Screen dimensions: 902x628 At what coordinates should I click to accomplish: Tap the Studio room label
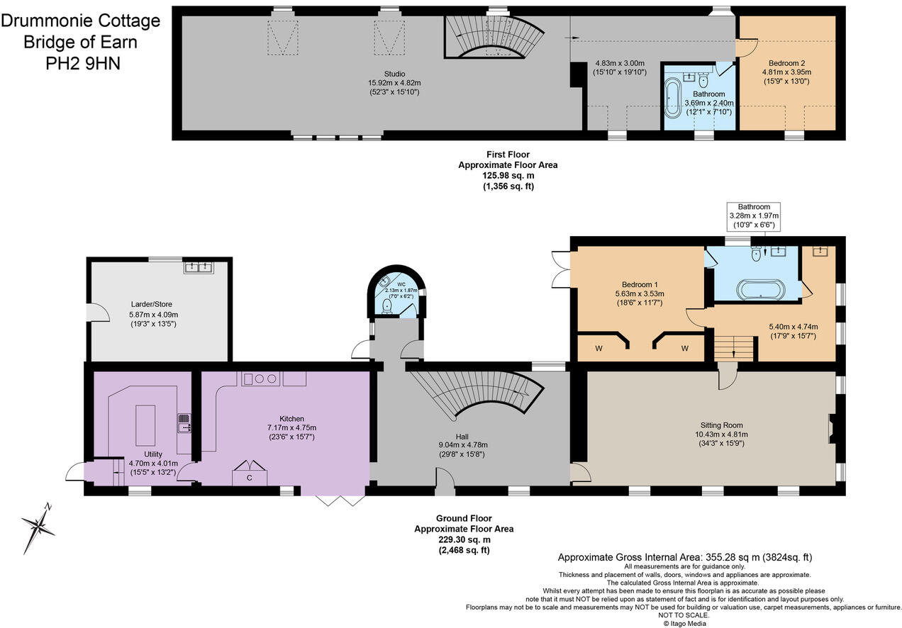coord(394,74)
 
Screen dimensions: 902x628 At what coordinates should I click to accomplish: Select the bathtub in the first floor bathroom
coord(672,98)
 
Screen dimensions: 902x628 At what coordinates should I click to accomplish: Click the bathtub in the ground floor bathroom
coord(761,289)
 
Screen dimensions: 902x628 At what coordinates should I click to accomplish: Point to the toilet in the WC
coord(387,305)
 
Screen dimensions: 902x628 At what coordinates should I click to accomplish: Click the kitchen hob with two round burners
coord(261,379)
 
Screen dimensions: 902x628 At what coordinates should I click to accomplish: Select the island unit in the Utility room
coord(145,425)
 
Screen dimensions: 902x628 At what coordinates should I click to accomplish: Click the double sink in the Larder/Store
coord(199,267)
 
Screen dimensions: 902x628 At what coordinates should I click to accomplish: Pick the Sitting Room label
coord(721,425)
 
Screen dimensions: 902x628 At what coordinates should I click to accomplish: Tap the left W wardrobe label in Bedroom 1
coord(598,348)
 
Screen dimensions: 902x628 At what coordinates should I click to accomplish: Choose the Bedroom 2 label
coord(786,63)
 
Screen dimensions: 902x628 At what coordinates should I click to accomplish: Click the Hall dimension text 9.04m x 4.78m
coord(462,445)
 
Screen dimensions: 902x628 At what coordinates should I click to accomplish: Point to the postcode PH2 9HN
coord(83,64)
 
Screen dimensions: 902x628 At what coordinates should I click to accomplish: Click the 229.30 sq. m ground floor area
coord(464,539)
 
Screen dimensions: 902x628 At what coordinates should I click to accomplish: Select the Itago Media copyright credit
coord(684,624)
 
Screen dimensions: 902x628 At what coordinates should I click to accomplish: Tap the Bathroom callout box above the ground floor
coord(753,217)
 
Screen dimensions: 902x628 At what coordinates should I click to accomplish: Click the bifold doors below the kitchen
coord(340,500)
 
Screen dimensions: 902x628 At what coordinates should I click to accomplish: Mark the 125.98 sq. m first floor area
coord(508,176)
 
